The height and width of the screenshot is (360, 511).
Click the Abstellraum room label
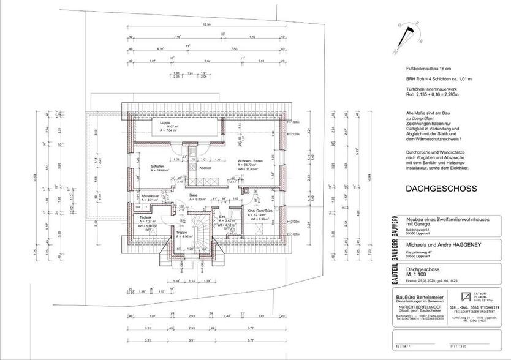click(x=150, y=196)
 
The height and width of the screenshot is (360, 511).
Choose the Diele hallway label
click(x=176, y=195)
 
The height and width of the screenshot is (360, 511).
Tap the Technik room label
click(x=145, y=218)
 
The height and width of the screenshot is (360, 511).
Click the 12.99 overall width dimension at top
click(x=206, y=25)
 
